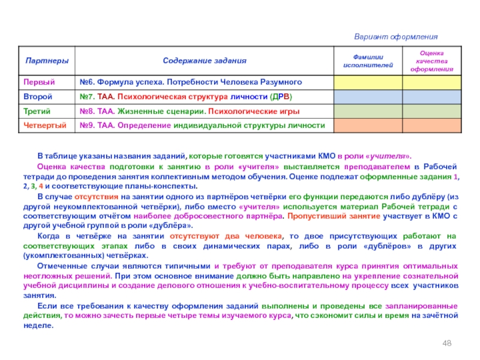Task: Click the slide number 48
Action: [446, 342]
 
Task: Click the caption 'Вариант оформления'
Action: [395, 37]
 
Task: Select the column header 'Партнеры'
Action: [46, 61]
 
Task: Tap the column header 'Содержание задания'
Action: [205, 61]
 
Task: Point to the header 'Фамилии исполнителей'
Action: [368, 61]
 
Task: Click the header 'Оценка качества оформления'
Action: [431, 61]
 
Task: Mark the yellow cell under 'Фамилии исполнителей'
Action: [368, 82]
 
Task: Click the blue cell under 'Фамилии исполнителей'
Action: [368, 96]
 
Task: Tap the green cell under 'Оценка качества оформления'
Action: [431, 111]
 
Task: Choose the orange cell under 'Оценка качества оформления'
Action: [431, 125]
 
